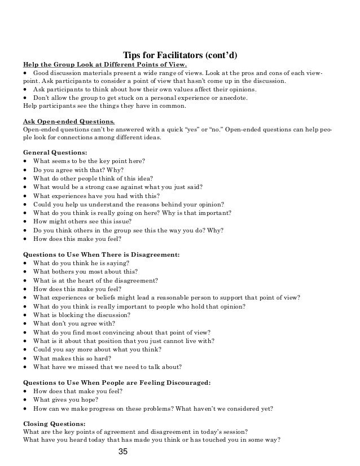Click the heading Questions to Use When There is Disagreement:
[x=101, y=254]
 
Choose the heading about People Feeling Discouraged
[x=117, y=383]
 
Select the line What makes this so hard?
[x=72, y=358]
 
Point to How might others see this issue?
[x=74, y=221]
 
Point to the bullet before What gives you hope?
[x=25, y=399]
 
